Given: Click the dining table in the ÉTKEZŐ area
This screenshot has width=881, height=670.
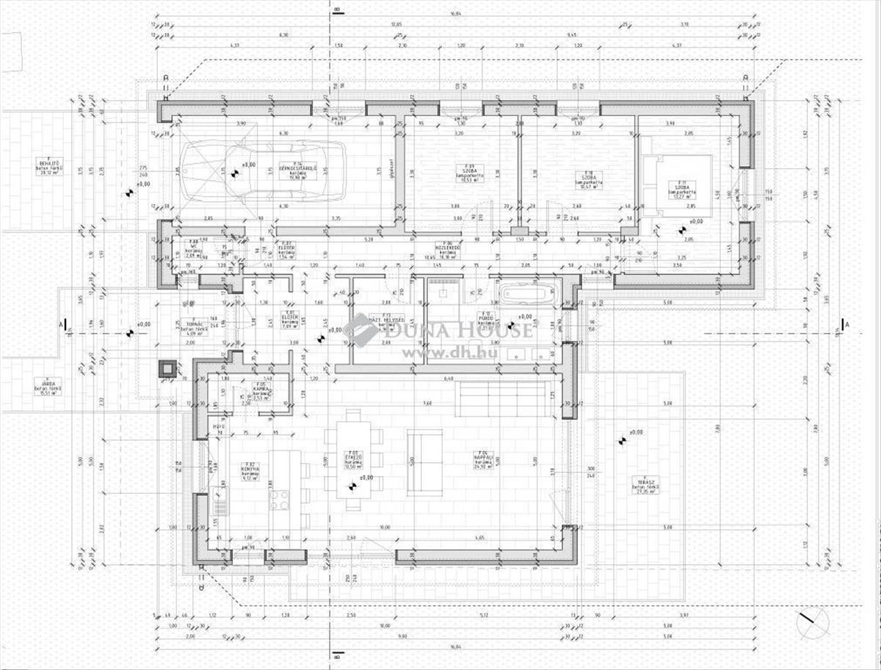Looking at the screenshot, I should pos(353,459).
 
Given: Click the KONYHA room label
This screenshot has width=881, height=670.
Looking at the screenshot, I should pos(250,471).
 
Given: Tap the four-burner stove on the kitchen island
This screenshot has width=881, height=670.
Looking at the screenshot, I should pos(280,500).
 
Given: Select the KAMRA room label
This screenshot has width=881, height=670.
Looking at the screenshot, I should pos(260,389).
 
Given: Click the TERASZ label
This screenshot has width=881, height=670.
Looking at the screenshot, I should pos(645,485).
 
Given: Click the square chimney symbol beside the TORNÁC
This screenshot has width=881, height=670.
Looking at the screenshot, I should pos(167,368).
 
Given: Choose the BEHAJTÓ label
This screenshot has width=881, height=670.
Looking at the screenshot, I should pos(51,166).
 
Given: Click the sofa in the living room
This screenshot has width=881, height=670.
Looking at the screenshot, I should pos(425,461).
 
